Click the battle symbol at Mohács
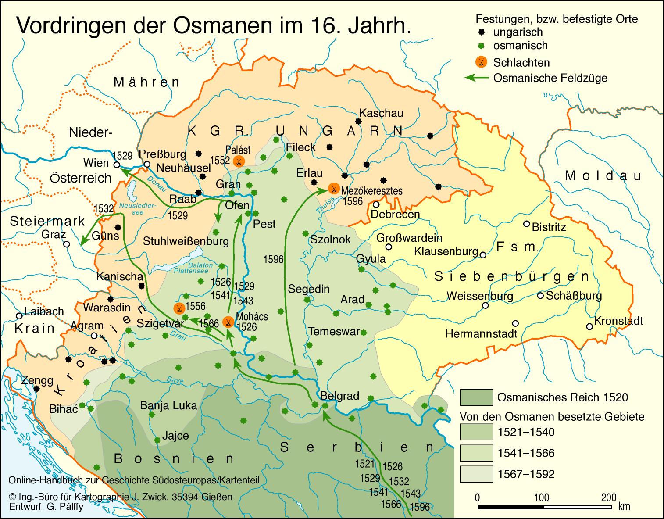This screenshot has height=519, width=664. point(228,322)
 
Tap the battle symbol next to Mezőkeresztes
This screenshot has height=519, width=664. point(333,189)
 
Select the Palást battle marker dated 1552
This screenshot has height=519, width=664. point(239,161)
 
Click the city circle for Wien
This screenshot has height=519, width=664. point(117,165)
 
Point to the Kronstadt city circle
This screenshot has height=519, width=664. point(589,326)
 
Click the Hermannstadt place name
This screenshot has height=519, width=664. point(481,333)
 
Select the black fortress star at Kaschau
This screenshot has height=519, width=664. point(358,121)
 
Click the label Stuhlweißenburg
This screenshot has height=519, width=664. point(186,241)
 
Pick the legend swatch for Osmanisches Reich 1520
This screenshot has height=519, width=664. point(476,397)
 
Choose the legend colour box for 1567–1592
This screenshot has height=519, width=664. point(476,474)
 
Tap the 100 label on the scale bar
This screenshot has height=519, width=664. point(542,498)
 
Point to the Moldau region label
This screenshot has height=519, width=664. point(603,176)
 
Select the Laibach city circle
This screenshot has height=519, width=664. point(19,316)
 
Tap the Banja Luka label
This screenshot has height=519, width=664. point(168,405)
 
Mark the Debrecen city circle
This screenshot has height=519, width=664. point(376,204)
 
